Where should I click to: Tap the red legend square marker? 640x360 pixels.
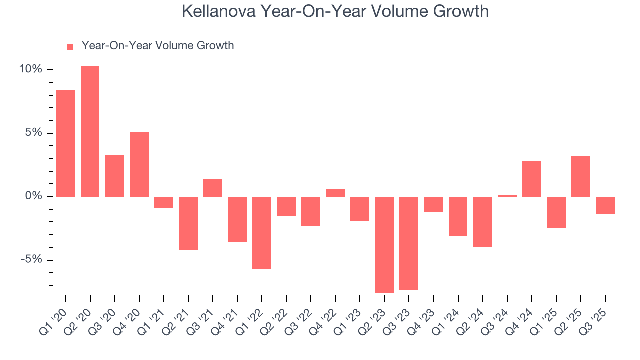[70, 46]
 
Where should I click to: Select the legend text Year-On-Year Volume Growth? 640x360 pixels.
[158, 46]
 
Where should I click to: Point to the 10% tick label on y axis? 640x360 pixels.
[31, 69]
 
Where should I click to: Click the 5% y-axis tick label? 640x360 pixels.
[33, 133]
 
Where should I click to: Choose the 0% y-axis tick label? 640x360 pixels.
[33, 196]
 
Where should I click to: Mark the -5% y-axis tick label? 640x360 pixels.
[32, 260]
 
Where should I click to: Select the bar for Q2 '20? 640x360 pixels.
[90, 131]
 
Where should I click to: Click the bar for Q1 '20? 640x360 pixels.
[65, 143]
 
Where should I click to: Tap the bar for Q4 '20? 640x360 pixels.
[139, 164]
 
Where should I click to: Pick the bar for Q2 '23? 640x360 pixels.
[384, 244]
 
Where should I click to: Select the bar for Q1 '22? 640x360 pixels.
[262, 232]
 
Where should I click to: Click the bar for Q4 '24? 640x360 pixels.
[532, 179]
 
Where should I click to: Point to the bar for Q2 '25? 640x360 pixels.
[581, 176]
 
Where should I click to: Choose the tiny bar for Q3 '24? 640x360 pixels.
[507, 196]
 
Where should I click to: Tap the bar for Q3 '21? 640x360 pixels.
[213, 188]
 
